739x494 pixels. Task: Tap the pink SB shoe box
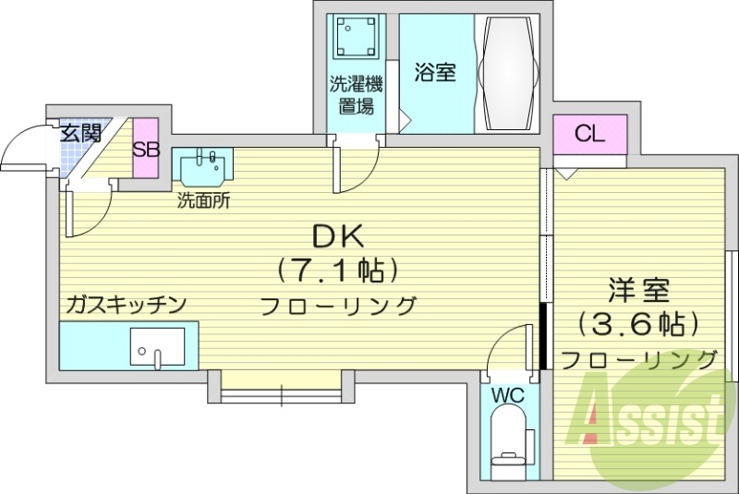tap(146, 150)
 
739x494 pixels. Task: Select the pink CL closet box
tap(589, 135)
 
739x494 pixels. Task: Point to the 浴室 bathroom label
tap(435, 72)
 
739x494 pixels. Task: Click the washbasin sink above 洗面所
tap(202, 168)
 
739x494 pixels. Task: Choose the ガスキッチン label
tap(127, 304)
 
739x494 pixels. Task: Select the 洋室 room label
tap(638, 291)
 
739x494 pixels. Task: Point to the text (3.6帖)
tap(637, 324)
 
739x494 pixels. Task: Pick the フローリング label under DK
tap(338, 306)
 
